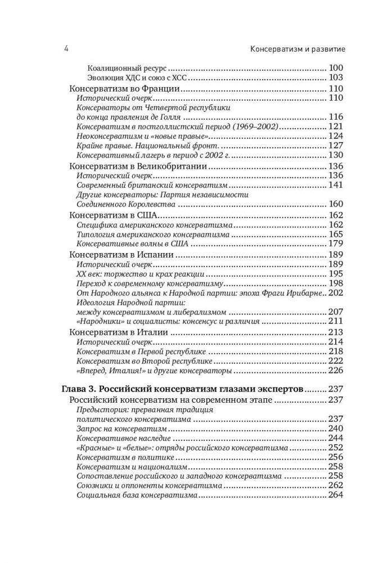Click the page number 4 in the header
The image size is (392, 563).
coord(66,49)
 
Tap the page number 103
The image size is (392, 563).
coord(336,77)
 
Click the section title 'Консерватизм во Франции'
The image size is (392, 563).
coord(124,89)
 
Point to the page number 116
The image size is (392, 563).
coord(336,117)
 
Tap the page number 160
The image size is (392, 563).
coord(336,204)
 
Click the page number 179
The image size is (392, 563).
coord(336,244)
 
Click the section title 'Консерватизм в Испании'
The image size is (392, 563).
coord(120,255)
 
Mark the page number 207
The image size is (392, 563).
coord(336,312)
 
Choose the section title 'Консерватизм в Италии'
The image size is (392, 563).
coord(118,332)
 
